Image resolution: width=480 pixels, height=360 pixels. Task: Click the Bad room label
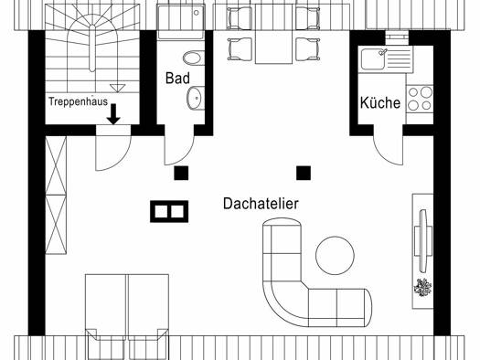click(177, 78)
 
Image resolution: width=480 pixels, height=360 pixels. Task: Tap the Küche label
click(380, 102)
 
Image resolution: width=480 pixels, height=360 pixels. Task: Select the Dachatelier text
click(261, 204)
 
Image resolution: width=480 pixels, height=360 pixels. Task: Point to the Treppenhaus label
click(79, 101)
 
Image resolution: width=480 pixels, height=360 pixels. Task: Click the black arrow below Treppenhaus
click(113, 114)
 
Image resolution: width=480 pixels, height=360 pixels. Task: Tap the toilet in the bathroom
click(194, 58)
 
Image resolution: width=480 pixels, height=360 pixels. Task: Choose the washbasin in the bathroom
click(196, 98)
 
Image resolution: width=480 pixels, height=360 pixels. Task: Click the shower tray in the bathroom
click(180, 22)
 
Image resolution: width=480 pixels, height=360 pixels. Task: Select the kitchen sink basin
click(373, 59)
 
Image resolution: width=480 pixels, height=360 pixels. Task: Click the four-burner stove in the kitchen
click(420, 99)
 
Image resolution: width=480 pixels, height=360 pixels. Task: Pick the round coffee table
click(335, 256)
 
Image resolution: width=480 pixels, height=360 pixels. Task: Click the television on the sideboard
click(423, 240)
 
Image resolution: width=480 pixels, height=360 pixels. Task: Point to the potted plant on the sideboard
click(422, 288)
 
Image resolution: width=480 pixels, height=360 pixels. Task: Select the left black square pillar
click(181, 173)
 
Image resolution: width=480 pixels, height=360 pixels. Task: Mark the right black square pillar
click(304, 173)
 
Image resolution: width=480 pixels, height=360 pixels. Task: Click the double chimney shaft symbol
click(169, 211)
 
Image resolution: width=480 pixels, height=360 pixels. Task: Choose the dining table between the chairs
click(273, 34)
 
